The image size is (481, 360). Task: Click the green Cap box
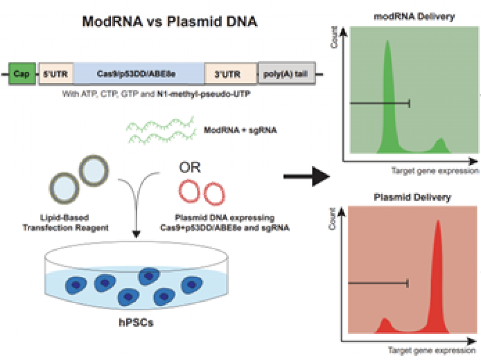coord(22,74)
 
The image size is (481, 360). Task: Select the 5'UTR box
coord(56,74)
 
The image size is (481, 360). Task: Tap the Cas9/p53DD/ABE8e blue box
coord(139,74)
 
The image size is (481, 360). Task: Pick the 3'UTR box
coord(230,74)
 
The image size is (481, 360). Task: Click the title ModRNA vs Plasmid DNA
coord(170,22)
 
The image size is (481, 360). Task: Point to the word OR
coord(190,168)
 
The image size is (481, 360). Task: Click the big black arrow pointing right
coord(306,176)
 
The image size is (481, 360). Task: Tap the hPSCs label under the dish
coord(136,322)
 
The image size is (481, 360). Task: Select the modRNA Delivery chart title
coord(414,16)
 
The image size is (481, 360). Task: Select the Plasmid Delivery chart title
coord(412,197)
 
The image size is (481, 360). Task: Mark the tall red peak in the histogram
coord(438,276)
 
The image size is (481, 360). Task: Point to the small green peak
coord(441,146)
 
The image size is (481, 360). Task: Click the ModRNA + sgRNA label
coord(240,130)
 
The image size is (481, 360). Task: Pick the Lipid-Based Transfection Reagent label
coord(65,222)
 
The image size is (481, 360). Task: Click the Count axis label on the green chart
coord(334,38)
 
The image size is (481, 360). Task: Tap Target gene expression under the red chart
coord(432,350)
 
